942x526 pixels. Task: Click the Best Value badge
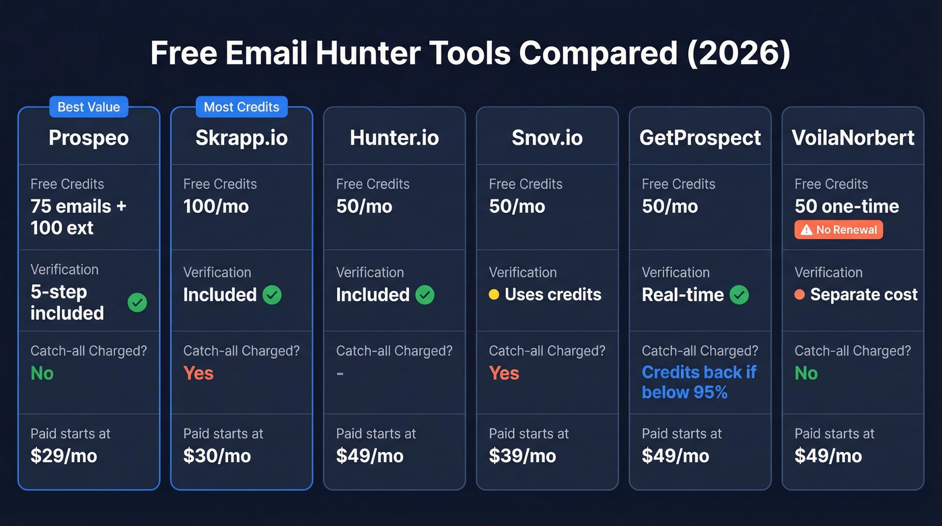[x=89, y=107]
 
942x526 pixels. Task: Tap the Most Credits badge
[x=242, y=107]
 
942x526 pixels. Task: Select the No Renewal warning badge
[x=838, y=230]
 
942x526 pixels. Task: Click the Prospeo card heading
[x=89, y=138]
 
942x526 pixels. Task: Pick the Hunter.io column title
[x=394, y=138]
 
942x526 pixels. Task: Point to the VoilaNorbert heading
[x=853, y=138]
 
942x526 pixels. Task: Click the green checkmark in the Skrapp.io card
[x=272, y=294]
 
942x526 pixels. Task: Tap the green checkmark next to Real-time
[x=739, y=294]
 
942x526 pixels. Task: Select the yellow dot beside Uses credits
[x=494, y=294]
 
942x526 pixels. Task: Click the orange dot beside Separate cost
[x=799, y=294]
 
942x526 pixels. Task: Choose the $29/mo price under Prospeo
[x=64, y=456]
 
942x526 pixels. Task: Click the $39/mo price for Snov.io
[x=522, y=456]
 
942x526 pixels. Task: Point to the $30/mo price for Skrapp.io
[x=217, y=456]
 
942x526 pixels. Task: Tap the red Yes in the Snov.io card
[x=504, y=373]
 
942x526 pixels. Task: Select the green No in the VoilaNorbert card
[x=806, y=373]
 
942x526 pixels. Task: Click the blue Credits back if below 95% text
[x=699, y=382]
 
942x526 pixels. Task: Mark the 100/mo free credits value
[x=216, y=206]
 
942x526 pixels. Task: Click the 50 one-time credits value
[x=846, y=206]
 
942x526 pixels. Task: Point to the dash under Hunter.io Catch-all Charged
[x=340, y=373]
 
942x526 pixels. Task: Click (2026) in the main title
[x=739, y=53]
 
